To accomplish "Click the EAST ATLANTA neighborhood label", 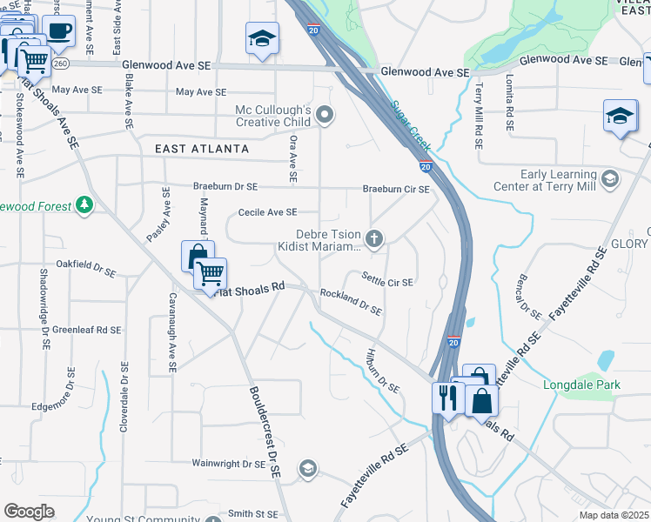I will (202, 149).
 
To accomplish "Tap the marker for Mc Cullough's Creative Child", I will (325, 114).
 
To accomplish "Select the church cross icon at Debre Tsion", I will (374, 238).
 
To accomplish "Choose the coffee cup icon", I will (59, 31).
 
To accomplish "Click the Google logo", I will (29, 512).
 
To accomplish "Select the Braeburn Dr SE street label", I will (225, 187).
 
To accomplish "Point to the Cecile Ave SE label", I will (268, 212).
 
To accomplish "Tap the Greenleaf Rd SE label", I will (86, 330).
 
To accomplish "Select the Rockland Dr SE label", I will (352, 303).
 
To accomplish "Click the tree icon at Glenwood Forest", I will (84, 205).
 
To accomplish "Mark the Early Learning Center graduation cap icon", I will (610, 180).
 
